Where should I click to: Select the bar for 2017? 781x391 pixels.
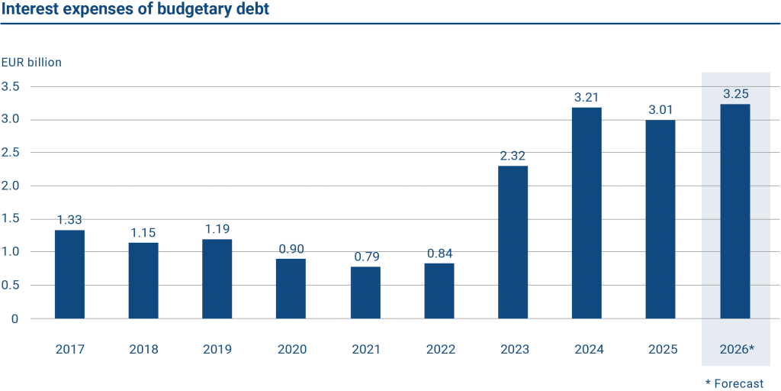pyautogui.click(x=69, y=274)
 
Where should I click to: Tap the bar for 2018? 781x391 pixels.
pyautogui.click(x=143, y=280)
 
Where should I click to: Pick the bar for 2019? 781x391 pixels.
pyautogui.click(x=217, y=279)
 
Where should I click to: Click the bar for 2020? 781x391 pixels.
pyautogui.click(x=291, y=288)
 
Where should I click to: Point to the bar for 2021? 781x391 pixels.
pyautogui.click(x=365, y=292)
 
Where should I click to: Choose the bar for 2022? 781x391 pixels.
pyautogui.click(x=439, y=291)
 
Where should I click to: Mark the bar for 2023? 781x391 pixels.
pyautogui.click(x=513, y=242)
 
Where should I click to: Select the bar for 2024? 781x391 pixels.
pyautogui.click(x=587, y=213)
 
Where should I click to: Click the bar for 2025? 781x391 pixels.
pyautogui.click(x=660, y=219)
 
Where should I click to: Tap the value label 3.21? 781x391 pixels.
pyautogui.click(x=587, y=98)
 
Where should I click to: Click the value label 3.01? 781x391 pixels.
pyautogui.click(x=660, y=110)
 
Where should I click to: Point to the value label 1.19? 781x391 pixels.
pyautogui.click(x=217, y=229)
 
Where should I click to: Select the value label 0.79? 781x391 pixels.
pyautogui.click(x=365, y=257)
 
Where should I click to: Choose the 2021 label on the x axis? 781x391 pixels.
pyautogui.click(x=365, y=350)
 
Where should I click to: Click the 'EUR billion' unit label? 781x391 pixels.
pyautogui.click(x=31, y=62)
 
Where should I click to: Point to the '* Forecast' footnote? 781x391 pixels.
pyautogui.click(x=734, y=383)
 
